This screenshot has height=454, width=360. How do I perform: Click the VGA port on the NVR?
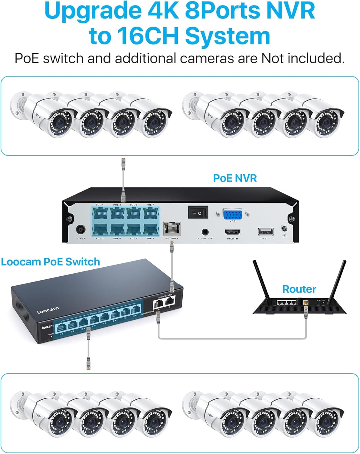[x=232, y=214]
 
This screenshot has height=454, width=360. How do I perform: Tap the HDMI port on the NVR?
[x=232, y=232]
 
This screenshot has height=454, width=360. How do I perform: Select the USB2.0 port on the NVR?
[x=266, y=232]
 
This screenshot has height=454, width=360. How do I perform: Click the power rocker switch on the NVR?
[x=198, y=213]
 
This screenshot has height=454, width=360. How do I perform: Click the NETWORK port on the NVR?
[x=172, y=229]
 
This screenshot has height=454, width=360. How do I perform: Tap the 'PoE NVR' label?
[x=235, y=178]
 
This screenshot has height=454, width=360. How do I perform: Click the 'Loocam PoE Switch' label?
[x=50, y=262]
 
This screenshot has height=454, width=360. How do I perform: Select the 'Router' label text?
[x=299, y=289]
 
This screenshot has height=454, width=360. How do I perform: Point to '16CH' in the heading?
[x=148, y=36]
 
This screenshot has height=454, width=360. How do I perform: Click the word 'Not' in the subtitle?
[x=273, y=58]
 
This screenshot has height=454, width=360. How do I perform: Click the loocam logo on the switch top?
[x=48, y=311]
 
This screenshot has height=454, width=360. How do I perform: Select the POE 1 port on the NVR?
[x=100, y=214]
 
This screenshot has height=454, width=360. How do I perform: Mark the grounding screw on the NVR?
[x=284, y=229]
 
